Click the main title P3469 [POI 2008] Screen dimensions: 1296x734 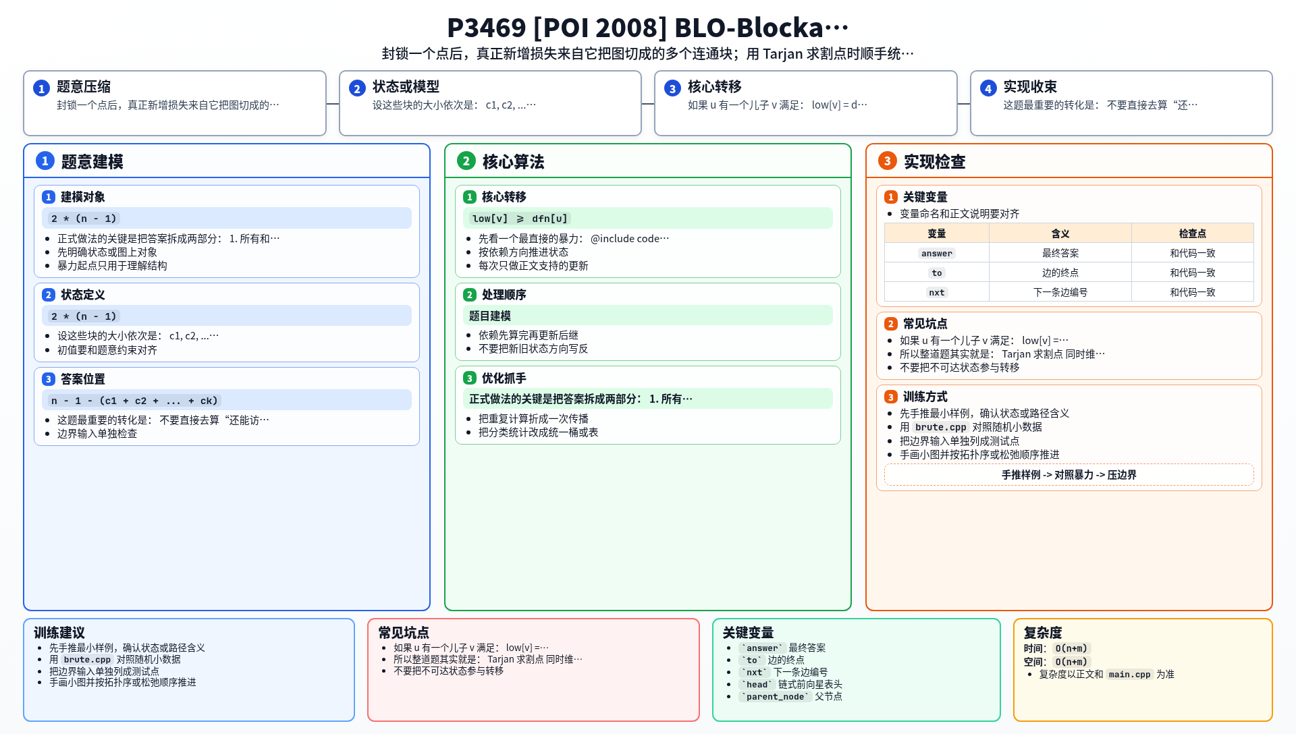click(x=557, y=28)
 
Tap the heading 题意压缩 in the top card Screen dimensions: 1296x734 click(x=84, y=87)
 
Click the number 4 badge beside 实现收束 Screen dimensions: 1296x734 click(x=988, y=88)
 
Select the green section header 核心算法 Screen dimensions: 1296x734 click(x=513, y=162)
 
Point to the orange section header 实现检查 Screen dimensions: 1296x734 click(x=934, y=162)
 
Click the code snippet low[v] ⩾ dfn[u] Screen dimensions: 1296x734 click(x=520, y=219)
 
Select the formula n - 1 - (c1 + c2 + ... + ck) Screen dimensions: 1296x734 click(x=134, y=401)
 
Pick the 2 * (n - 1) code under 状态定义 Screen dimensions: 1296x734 click(x=84, y=316)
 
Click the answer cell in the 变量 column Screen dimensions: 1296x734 click(x=937, y=254)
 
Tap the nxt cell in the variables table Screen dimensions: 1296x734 click(x=937, y=293)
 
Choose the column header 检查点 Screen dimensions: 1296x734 click(x=1193, y=233)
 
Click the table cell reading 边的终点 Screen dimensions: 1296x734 click(x=1060, y=273)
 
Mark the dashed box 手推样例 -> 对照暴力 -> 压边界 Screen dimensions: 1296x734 click(x=1069, y=475)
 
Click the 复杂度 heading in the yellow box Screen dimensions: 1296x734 click(x=1043, y=633)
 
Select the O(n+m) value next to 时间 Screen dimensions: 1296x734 click(x=1072, y=649)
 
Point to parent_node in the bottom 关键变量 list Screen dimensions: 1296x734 click(x=775, y=697)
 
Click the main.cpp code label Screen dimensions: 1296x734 click(x=1129, y=675)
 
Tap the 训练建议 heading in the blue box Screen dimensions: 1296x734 click(x=59, y=633)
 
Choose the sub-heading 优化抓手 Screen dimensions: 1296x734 click(x=504, y=378)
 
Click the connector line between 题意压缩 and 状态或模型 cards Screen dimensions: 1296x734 click(x=333, y=104)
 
